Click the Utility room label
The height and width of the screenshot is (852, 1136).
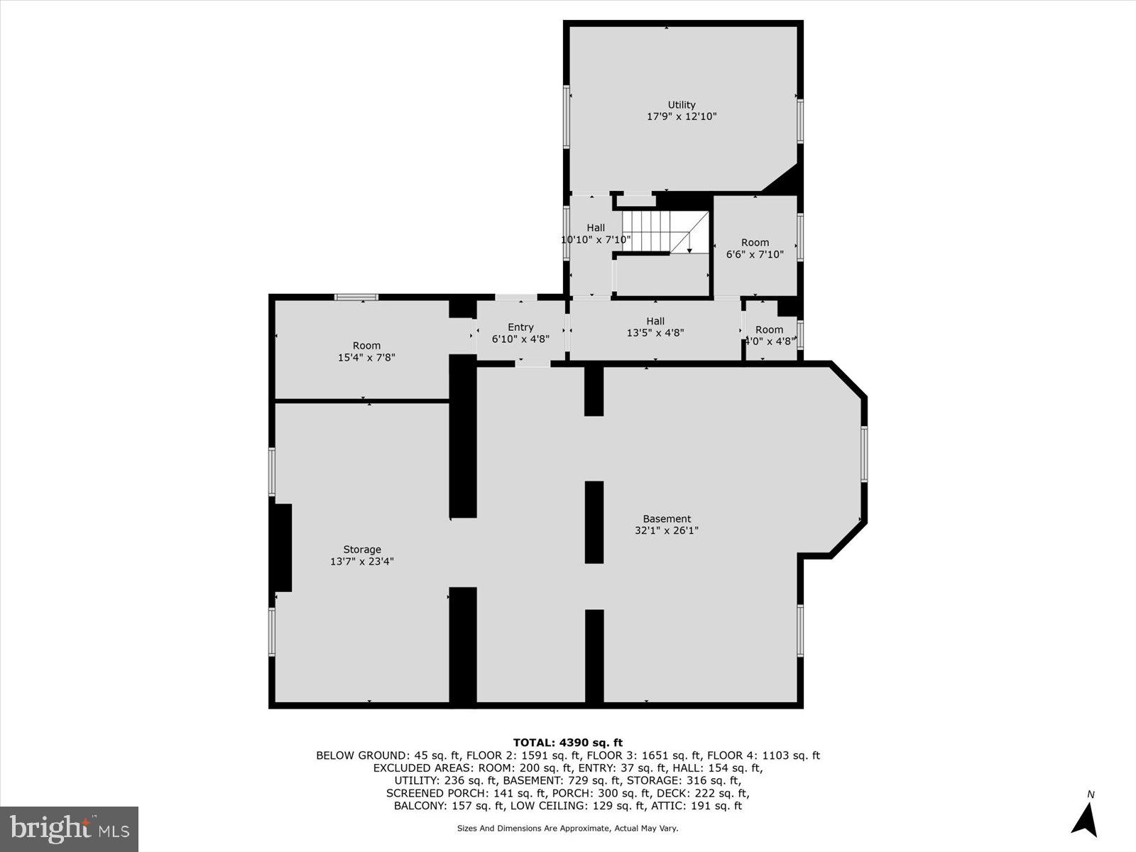[x=681, y=105]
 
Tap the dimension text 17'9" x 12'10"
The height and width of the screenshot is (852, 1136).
[x=681, y=116]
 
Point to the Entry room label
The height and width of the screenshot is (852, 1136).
[x=520, y=327]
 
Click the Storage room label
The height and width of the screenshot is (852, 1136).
[x=362, y=550]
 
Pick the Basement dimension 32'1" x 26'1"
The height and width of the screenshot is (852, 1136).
[x=667, y=530]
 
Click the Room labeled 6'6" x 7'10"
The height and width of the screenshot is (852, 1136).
[x=755, y=248]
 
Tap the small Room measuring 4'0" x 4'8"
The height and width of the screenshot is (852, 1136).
[x=769, y=335]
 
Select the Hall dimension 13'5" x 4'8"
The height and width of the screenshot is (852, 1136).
[x=655, y=332]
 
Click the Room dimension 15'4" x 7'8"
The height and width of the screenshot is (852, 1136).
[x=366, y=358]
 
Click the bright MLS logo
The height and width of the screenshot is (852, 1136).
[x=69, y=829]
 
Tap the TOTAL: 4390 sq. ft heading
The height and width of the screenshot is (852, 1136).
[x=567, y=743]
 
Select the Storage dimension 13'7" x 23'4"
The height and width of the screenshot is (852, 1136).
[x=362, y=561]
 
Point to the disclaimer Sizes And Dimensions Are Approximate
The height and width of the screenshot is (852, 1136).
[x=567, y=829]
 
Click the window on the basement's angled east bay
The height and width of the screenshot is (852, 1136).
[x=864, y=454]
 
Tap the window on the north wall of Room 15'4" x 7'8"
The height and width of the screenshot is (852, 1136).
[x=356, y=297]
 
